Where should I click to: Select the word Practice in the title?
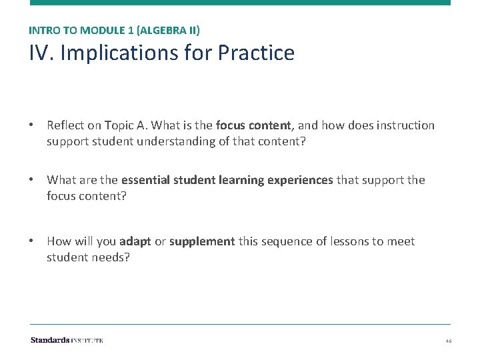click(256, 53)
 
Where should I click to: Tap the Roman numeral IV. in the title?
click(41, 53)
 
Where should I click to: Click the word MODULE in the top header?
click(100, 30)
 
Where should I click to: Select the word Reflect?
click(66, 125)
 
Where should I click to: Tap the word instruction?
click(406, 125)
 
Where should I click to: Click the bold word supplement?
click(202, 241)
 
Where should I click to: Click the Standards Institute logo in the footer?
click(67, 340)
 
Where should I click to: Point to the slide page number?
click(448, 341)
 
